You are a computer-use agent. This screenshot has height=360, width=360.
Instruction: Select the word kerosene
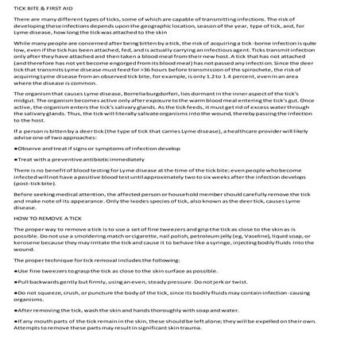25,242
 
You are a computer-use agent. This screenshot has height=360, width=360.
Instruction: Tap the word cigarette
119,235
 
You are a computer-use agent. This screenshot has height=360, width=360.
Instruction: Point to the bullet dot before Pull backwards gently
15,282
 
